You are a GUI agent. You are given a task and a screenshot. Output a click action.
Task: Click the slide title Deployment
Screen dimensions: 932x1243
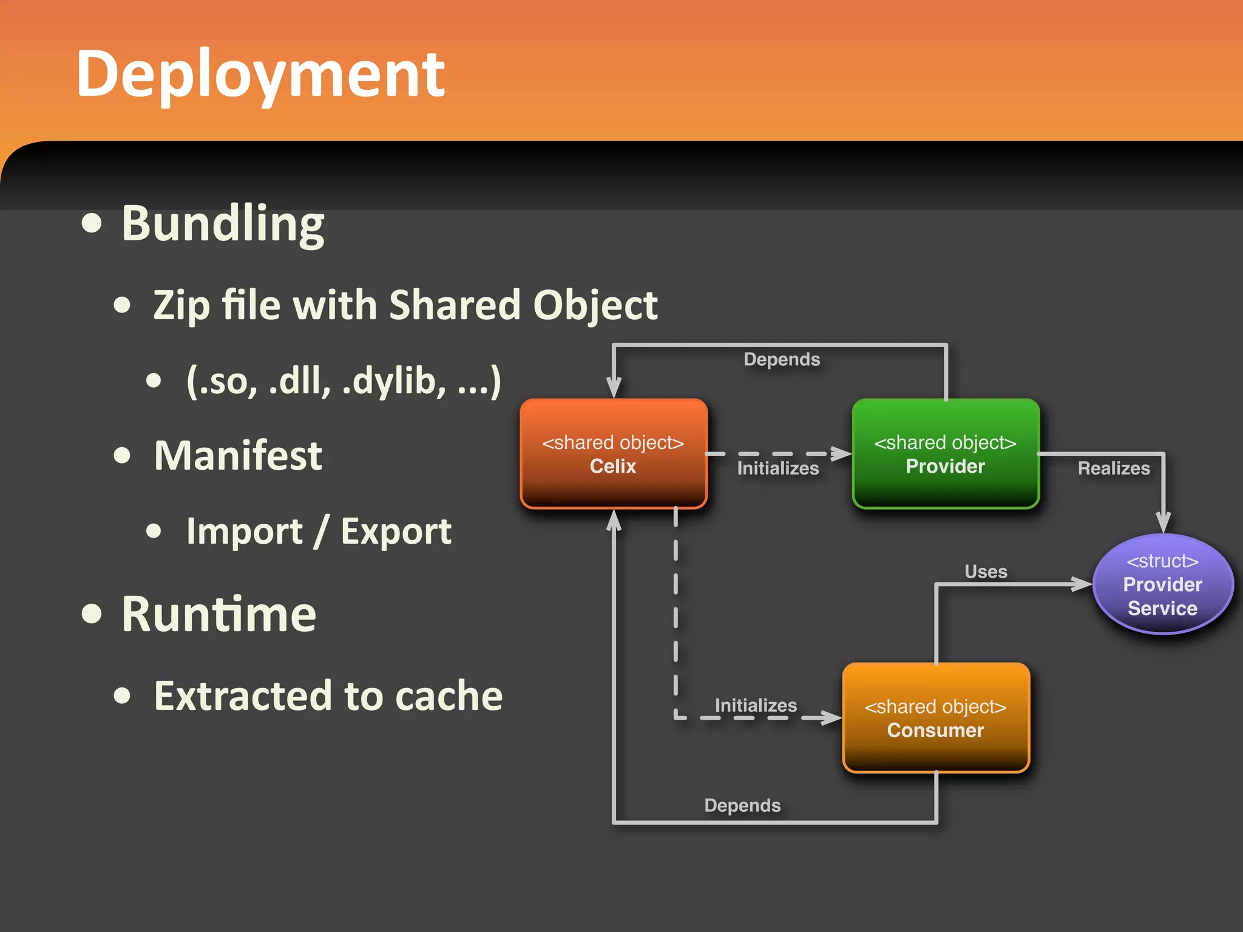pyautogui.click(x=261, y=74)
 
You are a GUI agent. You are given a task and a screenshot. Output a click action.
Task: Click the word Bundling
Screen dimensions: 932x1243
pyautogui.click(x=223, y=224)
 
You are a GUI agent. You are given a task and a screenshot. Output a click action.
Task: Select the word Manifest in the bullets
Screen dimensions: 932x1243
pyautogui.click(x=238, y=455)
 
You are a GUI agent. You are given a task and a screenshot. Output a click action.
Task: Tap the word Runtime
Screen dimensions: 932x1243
pyautogui.click(x=218, y=614)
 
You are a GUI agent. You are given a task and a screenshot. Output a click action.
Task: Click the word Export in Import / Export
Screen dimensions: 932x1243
pyautogui.click(x=396, y=532)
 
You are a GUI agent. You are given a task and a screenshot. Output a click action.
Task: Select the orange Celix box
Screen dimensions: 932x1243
pyautogui.click(x=614, y=454)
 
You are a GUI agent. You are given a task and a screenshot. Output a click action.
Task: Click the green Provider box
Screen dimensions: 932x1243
pyautogui.click(x=945, y=454)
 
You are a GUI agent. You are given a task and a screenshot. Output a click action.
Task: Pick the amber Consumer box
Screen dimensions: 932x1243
pyautogui.click(x=935, y=718)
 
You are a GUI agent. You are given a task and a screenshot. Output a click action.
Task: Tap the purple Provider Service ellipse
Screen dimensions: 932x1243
pyautogui.click(x=1162, y=584)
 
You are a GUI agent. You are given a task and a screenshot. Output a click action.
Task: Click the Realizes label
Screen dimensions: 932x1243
pyautogui.click(x=1114, y=468)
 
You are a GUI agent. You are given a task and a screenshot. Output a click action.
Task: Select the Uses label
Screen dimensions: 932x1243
pyautogui.click(x=986, y=572)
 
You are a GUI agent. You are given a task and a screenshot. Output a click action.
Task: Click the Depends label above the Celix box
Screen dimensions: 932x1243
pyautogui.click(x=782, y=359)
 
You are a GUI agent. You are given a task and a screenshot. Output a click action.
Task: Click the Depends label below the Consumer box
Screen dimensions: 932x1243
pyautogui.click(x=742, y=805)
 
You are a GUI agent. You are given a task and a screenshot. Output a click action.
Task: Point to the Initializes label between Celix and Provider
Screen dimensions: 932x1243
pyautogui.click(x=777, y=468)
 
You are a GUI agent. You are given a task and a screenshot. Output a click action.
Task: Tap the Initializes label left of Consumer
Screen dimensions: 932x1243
pyautogui.click(x=756, y=705)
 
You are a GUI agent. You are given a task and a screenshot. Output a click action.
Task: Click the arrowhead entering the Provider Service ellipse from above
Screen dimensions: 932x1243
pyautogui.click(x=1163, y=522)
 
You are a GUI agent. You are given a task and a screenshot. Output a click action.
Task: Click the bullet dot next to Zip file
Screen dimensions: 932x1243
pyautogui.click(x=122, y=305)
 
